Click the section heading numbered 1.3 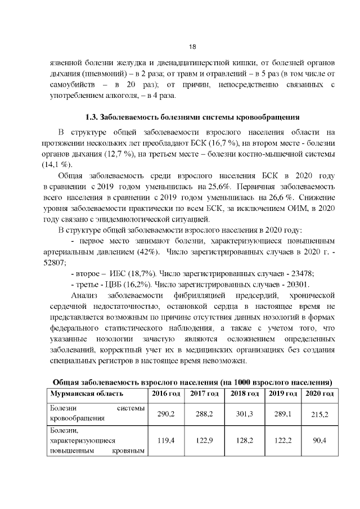[191, 118]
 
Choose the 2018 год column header [244, 393]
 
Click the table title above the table [191, 381]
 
